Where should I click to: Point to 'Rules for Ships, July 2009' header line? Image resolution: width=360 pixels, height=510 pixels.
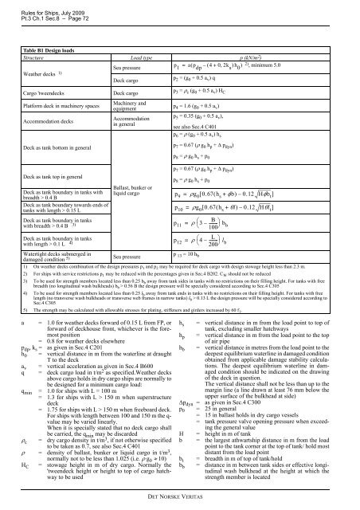pos(40,6)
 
